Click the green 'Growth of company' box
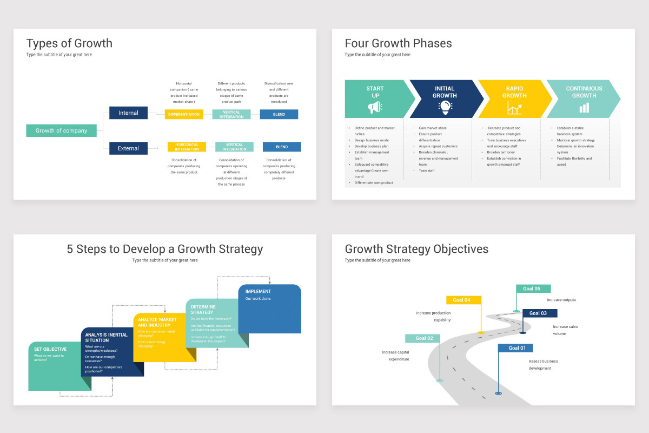tap(61, 130)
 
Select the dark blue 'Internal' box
tap(128, 113)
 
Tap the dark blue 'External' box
tap(128, 148)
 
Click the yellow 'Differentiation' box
tap(184, 114)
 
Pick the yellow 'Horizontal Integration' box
tap(187, 147)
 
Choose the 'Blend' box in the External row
tap(282, 147)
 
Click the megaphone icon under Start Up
tap(375, 108)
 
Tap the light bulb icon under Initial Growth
tap(445, 107)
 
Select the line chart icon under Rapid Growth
tap(514, 108)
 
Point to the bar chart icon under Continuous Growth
tap(584, 108)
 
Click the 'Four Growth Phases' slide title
tap(398, 43)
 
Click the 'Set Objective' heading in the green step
tap(50, 349)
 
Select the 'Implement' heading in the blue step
tap(258, 291)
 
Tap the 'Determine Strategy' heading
tap(203, 309)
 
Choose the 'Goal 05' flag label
tap(533, 288)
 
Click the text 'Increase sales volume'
tap(565, 330)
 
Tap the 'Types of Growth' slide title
tap(69, 43)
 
